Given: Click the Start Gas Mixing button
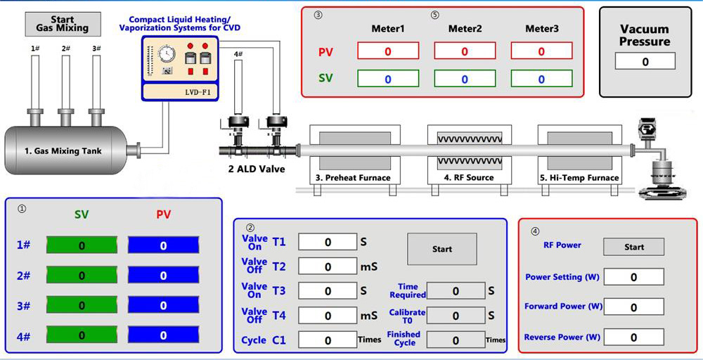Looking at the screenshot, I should [x=62, y=24].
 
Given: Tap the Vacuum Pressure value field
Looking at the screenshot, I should [x=645, y=61].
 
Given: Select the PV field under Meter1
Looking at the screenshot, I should [x=388, y=51].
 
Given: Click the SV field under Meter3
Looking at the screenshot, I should [x=541, y=79].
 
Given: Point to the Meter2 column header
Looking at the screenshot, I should [x=465, y=29].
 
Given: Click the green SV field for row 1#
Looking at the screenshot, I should [x=82, y=245].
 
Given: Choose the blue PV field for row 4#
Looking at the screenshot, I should [x=163, y=335].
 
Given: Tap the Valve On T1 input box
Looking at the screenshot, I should [x=328, y=242].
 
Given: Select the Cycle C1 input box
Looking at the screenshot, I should [x=328, y=340].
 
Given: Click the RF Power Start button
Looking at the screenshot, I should [x=633, y=247].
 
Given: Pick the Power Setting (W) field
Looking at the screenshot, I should [x=633, y=277].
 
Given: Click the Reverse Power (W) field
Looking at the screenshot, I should [x=633, y=337].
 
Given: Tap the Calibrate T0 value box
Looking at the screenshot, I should [x=456, y=316].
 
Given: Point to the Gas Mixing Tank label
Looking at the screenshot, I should [x=63, y=150].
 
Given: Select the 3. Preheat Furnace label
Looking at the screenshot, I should [x=353, y=178].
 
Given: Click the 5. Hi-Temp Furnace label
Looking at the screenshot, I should [x=579, y=178].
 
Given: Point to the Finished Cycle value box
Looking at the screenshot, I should [x=456, y=340].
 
